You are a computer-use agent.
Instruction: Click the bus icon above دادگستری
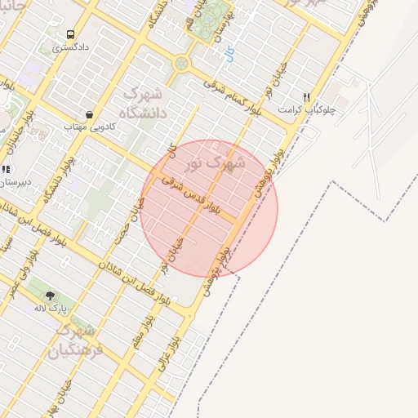click(70, 35)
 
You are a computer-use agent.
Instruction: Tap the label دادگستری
click(69, 48)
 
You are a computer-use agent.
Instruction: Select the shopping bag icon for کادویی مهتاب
click(88, 115)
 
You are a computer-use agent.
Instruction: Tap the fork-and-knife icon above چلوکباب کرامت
click(306, 96)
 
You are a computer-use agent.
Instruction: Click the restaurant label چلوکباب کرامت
click(303, 109)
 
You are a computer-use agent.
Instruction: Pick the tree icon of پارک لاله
click(51, 296)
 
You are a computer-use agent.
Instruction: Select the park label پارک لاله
click(50, 309)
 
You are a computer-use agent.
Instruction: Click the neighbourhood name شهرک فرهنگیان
click(76, 340)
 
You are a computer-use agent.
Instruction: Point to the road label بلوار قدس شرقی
click(189, 196)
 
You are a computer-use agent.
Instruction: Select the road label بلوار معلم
click(143, 331)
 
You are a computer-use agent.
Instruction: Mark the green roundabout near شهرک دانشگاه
click(181, 63)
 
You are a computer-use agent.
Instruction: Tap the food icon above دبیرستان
click(6, 169)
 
